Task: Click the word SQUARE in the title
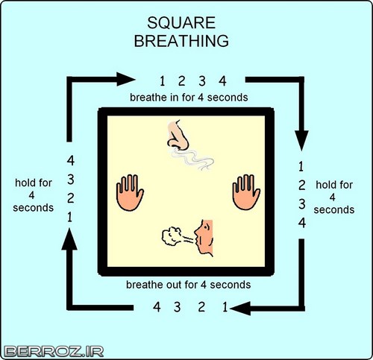(x=181, y=22)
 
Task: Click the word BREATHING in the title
(x=181, y=41)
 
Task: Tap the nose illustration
(x=178, y=136)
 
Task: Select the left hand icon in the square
(x=130, y=192)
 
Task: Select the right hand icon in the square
(x=246, y=192)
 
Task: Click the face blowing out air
(x=204, y=238)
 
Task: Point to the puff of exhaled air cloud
(x=172, y=236)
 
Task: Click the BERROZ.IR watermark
(x=54, y=352)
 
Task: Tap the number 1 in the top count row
(x=163, y=81)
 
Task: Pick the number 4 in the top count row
(x=222, y=81)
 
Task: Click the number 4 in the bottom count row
(x=157, y=307)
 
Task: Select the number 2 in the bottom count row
(x=201, y=307)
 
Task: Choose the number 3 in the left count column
(x=71, y=180)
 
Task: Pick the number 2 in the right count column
(x=302, y=185)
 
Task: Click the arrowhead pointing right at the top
(x=126, y=79)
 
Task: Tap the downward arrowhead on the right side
(x=301, y=140)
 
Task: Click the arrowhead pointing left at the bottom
(x=240, y=309)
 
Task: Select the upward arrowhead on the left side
(x=69, y=239)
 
